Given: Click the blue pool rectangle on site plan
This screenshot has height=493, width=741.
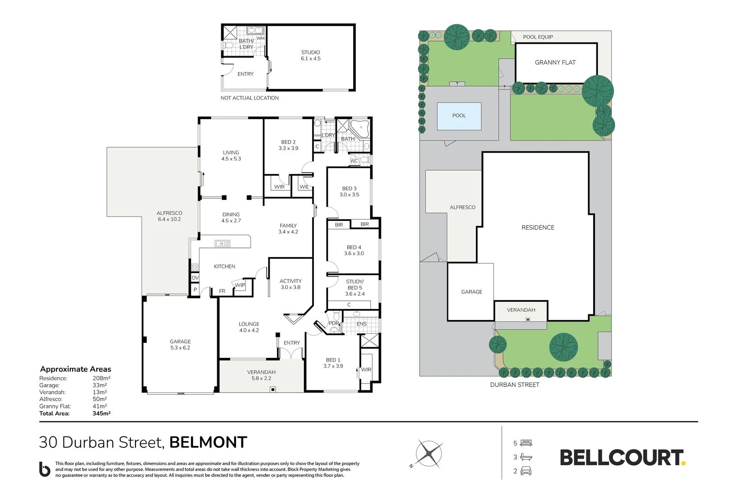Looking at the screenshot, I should (459, 116).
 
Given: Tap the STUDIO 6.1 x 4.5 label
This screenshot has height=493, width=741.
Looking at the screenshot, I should (310, 56).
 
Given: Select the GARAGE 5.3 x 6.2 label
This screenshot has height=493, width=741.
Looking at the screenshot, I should (180, 345).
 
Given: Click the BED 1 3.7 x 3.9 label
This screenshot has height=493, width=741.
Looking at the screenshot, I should (333, 363).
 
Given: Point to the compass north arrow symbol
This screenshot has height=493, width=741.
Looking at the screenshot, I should (428, 453).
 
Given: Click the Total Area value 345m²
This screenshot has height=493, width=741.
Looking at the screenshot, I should (101, 414).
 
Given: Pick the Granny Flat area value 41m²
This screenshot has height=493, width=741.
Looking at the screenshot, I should (99, 406).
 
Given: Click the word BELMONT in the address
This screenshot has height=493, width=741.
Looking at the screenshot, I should (208, 442).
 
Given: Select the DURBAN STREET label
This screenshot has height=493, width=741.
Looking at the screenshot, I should (514, 385).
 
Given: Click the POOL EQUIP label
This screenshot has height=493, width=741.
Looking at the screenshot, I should (537, 37).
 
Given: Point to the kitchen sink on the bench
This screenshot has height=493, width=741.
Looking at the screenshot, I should (223, 244).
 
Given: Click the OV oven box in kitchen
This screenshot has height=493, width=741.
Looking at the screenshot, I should (195, 278).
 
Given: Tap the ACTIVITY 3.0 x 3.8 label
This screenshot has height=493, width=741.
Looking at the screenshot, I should (291, 284).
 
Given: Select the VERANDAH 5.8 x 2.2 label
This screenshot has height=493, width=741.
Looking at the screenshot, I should (261, 375).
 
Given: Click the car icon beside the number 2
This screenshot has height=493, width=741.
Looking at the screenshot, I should (526, 471).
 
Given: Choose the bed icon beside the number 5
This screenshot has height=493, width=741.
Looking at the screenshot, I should (526, 443).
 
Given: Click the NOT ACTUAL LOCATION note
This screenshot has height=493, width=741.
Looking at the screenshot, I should (250, 98).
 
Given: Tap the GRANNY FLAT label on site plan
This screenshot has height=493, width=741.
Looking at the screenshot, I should (555, 63).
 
